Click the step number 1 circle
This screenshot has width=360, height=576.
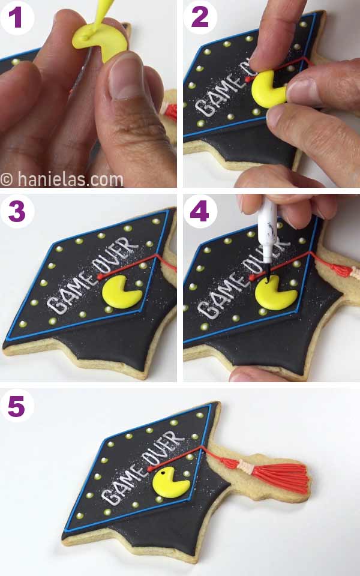pyautogui.click(x=17, y=17)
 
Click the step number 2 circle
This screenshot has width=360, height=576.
pyautogui.click(x=200, y=17)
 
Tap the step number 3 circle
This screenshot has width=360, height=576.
pyautogui.click(x=17, y=212)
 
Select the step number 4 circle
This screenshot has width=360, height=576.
pyautogui.click(x=200, y=212)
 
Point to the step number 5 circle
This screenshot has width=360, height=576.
pyautogui.click(x=17, y=406)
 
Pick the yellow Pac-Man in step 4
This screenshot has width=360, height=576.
pyautogui.click(x=275, y=295)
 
